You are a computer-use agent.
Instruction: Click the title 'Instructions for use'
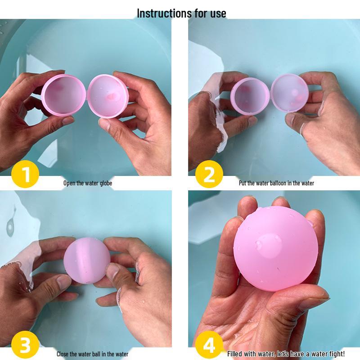click(x=181, y=13)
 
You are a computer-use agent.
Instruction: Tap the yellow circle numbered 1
click(x=25, y=175)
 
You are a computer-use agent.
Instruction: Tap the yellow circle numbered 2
click(x=209, y=175)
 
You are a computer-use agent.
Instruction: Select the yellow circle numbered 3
click(x=25, y=346)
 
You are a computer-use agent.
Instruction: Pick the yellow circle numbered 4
click(x=209, y=346)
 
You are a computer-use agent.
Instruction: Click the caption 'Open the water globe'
click(x=87, y=183)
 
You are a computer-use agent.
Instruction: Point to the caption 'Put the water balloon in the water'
click(x=276, y=183)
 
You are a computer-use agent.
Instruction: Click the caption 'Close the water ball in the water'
click(x=92, y=354)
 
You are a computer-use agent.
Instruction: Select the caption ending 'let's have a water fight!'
click(x=286, y=354)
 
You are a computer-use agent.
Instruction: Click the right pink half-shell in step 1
click(x=107, y=95)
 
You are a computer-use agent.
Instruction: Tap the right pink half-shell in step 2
click(x=290, y=94)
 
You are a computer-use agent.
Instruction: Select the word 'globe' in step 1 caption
click(x=105, y=183)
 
